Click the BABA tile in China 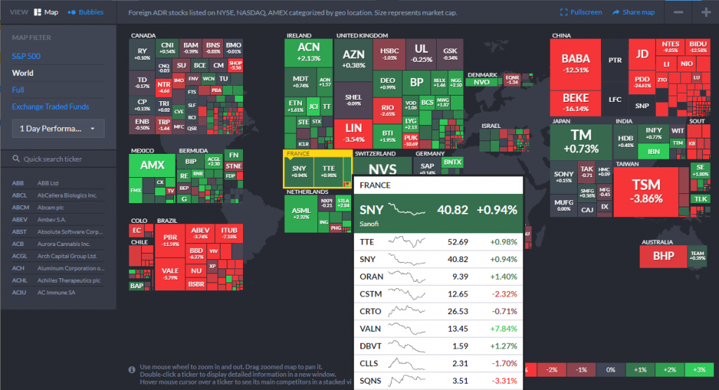point(575,63)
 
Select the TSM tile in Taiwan point(646,190)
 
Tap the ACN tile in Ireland point(309,52)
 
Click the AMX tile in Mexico point(152,166)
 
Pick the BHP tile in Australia point(663,256)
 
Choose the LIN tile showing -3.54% point(353,131)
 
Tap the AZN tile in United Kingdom point(354,59)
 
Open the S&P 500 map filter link point(26,56)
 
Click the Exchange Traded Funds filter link point(51,107)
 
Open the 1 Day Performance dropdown point(58,129)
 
